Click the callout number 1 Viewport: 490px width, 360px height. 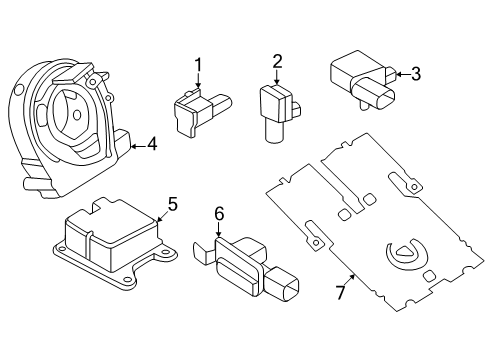pyautogui.click(x=198, y=66)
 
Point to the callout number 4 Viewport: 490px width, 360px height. pyautogui.click(x=151, y=145)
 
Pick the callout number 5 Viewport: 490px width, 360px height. pyautogui.click(x=172, y=205)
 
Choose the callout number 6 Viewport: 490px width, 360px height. pyautogui.click(x=219, y=213)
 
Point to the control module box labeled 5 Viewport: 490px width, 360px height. pyautogui.click(x=110, y=245)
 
